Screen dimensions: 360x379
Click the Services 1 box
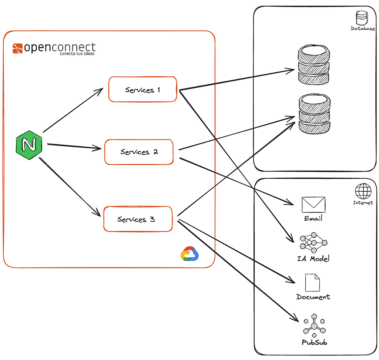point(142,90)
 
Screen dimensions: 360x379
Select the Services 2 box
point(139,152)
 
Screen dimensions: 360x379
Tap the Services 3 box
point(138,219)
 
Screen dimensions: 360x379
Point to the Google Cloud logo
point(189,254)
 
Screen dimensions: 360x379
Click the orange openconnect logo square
point(17,48)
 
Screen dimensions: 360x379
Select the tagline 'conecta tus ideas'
point(77,54)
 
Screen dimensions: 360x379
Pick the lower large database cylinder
point(314,114)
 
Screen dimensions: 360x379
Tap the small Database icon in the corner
point(361,18)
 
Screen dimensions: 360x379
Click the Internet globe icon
point(363,192)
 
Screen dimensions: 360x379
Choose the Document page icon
point(312,283)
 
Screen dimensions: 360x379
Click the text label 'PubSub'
point(314,342)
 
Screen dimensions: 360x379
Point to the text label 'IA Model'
point(313,259)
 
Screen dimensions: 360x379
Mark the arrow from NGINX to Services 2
point(74,147)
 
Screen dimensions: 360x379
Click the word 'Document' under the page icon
point(313,297)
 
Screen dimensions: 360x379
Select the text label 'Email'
point(313,218)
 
